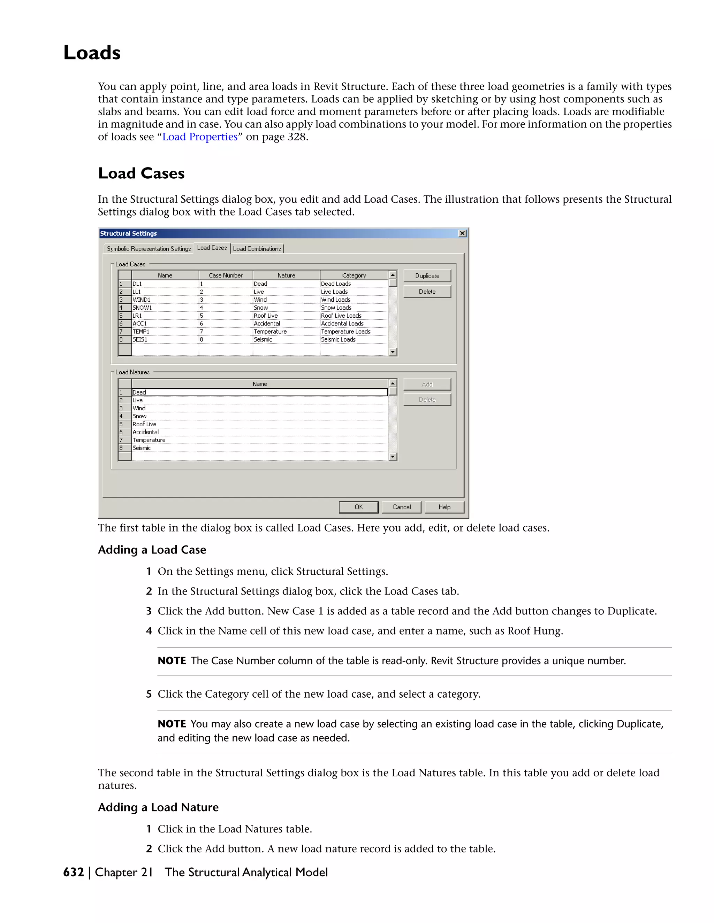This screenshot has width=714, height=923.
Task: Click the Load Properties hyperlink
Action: pos(200,137)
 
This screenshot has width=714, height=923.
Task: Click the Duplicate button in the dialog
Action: pos(427,276)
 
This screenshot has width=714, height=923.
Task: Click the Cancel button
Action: pos(401,507)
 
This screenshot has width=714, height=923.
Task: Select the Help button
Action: pos(444,507)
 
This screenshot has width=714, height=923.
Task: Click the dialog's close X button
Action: pos(462,233)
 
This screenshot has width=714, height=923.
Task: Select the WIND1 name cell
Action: pos(165,300)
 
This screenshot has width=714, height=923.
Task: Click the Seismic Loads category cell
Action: pos(354,339)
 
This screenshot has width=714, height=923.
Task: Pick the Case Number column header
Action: pos(226,276)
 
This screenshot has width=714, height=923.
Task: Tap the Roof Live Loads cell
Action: pos(354,316)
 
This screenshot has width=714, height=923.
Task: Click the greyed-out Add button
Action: pos(427,384)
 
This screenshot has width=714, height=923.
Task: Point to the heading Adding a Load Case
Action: pos(152,550)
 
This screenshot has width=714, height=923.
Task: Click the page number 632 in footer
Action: pos(74,872)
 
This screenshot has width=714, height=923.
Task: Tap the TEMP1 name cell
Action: pos(165,332)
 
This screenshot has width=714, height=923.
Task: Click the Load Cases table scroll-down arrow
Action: pos(393,352)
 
